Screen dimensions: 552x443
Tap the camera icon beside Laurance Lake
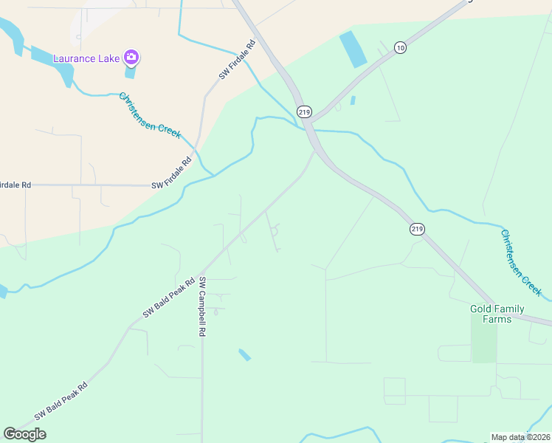(x=131, y=57)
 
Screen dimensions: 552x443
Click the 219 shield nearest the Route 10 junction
(x=304, y=111)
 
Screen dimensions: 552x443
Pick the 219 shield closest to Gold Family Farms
(x=417, y=230)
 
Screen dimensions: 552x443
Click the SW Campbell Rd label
(x=201, y=306)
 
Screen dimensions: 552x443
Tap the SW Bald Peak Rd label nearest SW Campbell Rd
(x=168, y=298)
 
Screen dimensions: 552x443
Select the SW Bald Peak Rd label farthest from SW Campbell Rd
(x=61, y=401)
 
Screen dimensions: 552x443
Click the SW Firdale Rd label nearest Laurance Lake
(x=237, y=61)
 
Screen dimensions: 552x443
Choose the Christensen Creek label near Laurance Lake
(x=150, y=115)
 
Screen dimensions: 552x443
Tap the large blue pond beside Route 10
(x=352, y=49)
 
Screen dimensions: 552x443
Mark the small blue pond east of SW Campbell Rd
(x=244, y=355)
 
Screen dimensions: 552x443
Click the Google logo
(x=24, y=434)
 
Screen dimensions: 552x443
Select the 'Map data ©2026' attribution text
(x=521, y=437)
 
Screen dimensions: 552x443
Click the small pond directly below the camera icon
(x=131, y=72)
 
